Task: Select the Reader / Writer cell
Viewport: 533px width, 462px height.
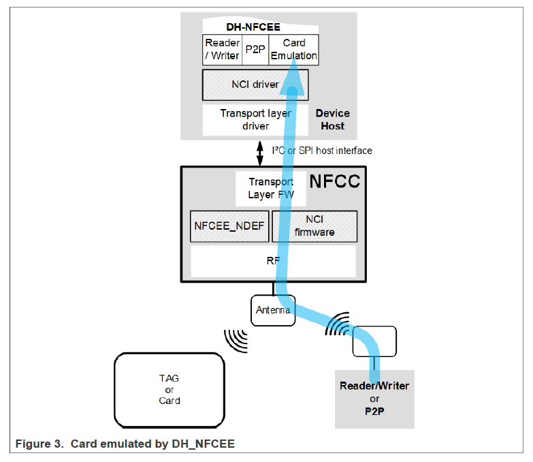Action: [x=222, y=50]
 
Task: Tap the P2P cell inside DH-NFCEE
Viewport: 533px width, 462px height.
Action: [x=255, y=50]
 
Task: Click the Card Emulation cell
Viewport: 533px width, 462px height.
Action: [x=293, y=50]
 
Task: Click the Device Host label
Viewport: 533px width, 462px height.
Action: [x=332, y=119]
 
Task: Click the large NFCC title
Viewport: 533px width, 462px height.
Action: [x=334, y=182]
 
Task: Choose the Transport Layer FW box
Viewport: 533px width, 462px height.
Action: [x=270, y=188]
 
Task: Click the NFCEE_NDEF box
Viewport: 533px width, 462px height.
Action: [x=229, y=226]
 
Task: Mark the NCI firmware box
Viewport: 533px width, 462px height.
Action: [x=314, y=226]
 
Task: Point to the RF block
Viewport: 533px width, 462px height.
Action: [x=273, y=260]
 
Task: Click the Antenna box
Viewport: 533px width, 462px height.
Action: [x=273, y=310]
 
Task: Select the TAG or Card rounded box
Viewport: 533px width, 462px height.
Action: [x=169, y=389]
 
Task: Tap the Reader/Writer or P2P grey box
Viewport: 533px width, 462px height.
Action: [x=374, y=397]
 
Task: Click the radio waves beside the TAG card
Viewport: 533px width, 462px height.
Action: [x=236, y=339]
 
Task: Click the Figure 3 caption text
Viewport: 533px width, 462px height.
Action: [x=125, y=444]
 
